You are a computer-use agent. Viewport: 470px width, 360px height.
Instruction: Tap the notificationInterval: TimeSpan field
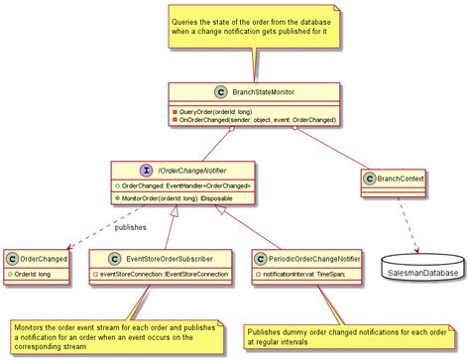click(299, 274)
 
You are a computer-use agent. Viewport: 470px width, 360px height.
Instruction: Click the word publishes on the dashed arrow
click(130, 228)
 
